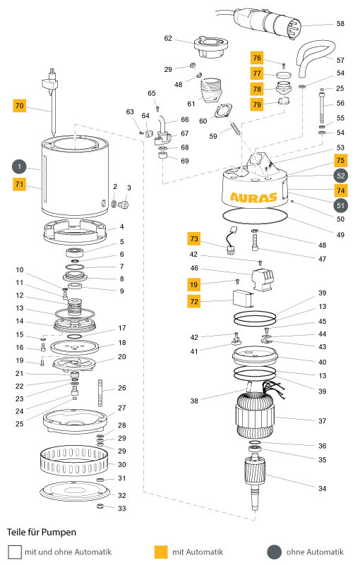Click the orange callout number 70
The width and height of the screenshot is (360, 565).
[20, 106]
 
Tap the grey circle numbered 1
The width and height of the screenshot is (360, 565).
[20, 166]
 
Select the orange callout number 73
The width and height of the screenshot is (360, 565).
[193, 238]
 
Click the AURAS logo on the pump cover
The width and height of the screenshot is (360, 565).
[253, 198]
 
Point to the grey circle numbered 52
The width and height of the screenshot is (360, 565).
[340, 176]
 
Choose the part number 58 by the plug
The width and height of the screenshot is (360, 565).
[340, 24]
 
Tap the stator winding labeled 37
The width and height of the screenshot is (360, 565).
[255, 415]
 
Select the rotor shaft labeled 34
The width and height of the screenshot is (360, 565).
[256, 482]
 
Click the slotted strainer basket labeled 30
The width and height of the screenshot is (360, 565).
[73, 461]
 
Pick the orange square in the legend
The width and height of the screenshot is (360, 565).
[161, 552]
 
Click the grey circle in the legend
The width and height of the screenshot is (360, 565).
[274, 552]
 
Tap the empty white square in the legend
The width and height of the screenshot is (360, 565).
[14, 552]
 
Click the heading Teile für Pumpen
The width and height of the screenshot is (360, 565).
[42, 533]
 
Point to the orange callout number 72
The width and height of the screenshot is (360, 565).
[193, 302]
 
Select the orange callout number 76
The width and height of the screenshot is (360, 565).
[257, 58]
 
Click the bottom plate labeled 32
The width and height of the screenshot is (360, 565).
[74, 491]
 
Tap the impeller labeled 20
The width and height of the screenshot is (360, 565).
[74, 363]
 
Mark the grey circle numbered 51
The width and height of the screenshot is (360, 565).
[340, 205]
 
